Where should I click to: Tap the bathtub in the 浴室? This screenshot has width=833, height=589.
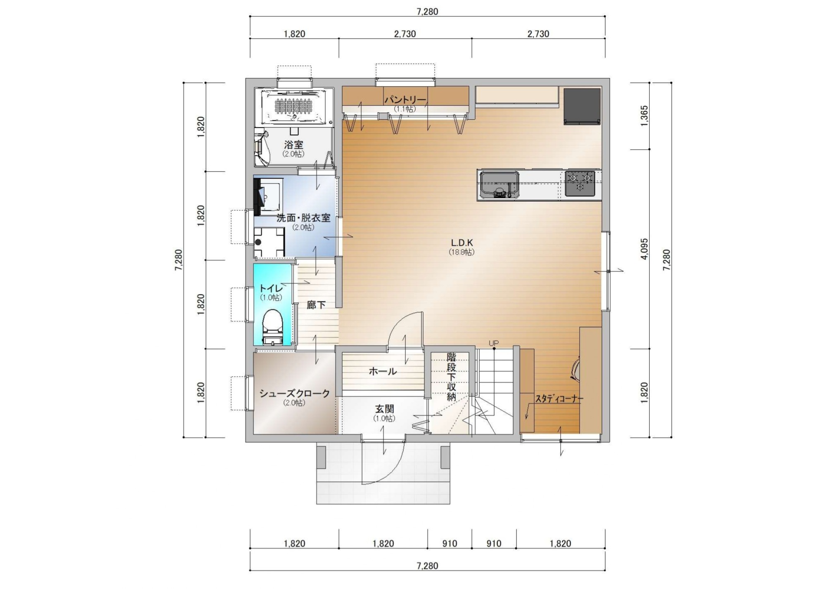pyautogui.click(x=294, y=106)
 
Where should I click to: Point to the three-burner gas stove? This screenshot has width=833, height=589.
pyautogui.click(x=580, y=183)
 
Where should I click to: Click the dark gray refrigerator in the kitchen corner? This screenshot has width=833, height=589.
pyautogui.click(x=582, y=106)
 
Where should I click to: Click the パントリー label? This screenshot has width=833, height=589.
pyautogui.click(x=405, y=100)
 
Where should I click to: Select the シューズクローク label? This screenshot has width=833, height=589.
pyautogui.click(x=294, y=393)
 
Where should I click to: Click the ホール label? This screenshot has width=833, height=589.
pyautogui.click(x=383, y=371)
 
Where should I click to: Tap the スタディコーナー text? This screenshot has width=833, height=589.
pyautogui.click(x=559, y=399)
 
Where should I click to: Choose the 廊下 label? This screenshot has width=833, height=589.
pyautogui.click(x=316, y=305)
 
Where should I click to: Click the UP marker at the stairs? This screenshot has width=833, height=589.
pyautogui.click(x=494, y=343)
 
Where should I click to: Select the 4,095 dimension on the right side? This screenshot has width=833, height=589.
pyautogui.click(x=644, y=249)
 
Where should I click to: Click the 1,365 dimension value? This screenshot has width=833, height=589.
pyautogui.click(x=644, y=116)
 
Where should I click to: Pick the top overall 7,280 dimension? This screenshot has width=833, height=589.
pyautogui.click(x=427, y=12)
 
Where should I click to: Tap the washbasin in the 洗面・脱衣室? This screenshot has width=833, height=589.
pyautogui.click(x=270, y=195)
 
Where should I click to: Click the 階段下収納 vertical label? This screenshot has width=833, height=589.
pyautogui.click(x=451, y=377)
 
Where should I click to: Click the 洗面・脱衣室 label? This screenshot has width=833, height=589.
pyautogui.click(x=303, y=218)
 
